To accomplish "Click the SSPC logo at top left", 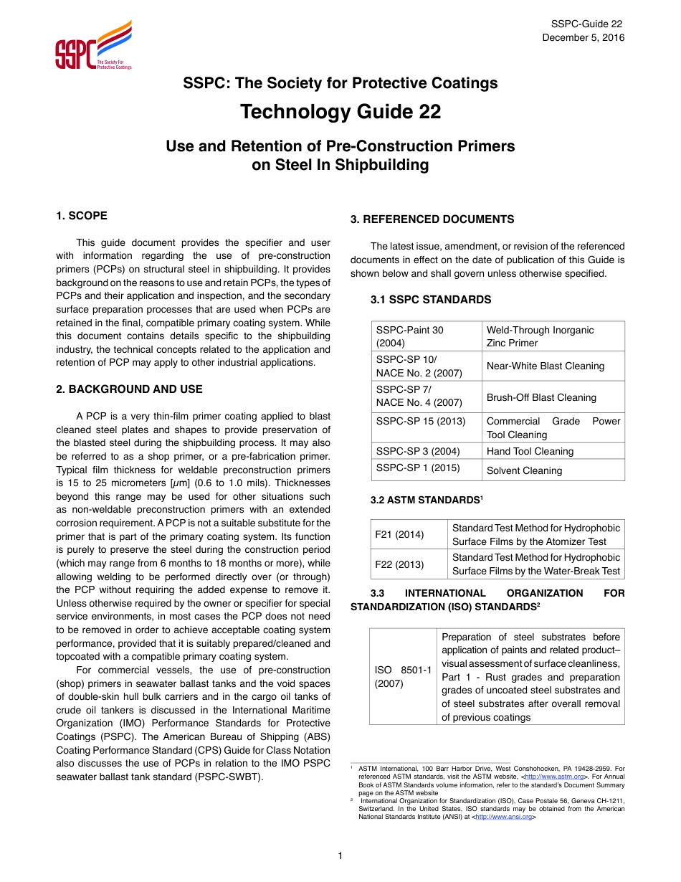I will click(x=93, y=47).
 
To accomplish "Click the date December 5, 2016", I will click(x=583, y=37).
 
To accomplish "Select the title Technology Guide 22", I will click(x=340, y=113).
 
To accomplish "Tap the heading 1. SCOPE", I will click(x=82, y=216).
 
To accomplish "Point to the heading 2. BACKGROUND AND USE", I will click(x=129, y=389).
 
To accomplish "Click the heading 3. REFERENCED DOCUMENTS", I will click(x=432, y=219).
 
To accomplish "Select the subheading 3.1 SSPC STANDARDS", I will click(x=431, y=300).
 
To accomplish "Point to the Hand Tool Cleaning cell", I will click(x=530, y=451).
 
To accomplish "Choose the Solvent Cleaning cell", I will click(x=524, y=470).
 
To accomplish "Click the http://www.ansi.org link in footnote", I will click(x=503, y=817).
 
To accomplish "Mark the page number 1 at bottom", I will click(x=340, y=855).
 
